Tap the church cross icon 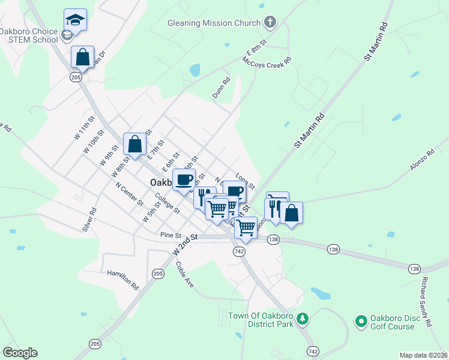click(x=270, y=23)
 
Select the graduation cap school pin click(x=75, y=20)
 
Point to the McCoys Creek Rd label click(x=267, y=61)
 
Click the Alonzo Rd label click(x=422, y=163)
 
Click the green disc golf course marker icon click(x=361, y=322)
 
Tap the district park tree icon click(x=304, y=318)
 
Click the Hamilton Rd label click(x=122, y=280)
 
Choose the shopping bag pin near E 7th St click(x=135, y=144)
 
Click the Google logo click(x=20, y=353)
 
